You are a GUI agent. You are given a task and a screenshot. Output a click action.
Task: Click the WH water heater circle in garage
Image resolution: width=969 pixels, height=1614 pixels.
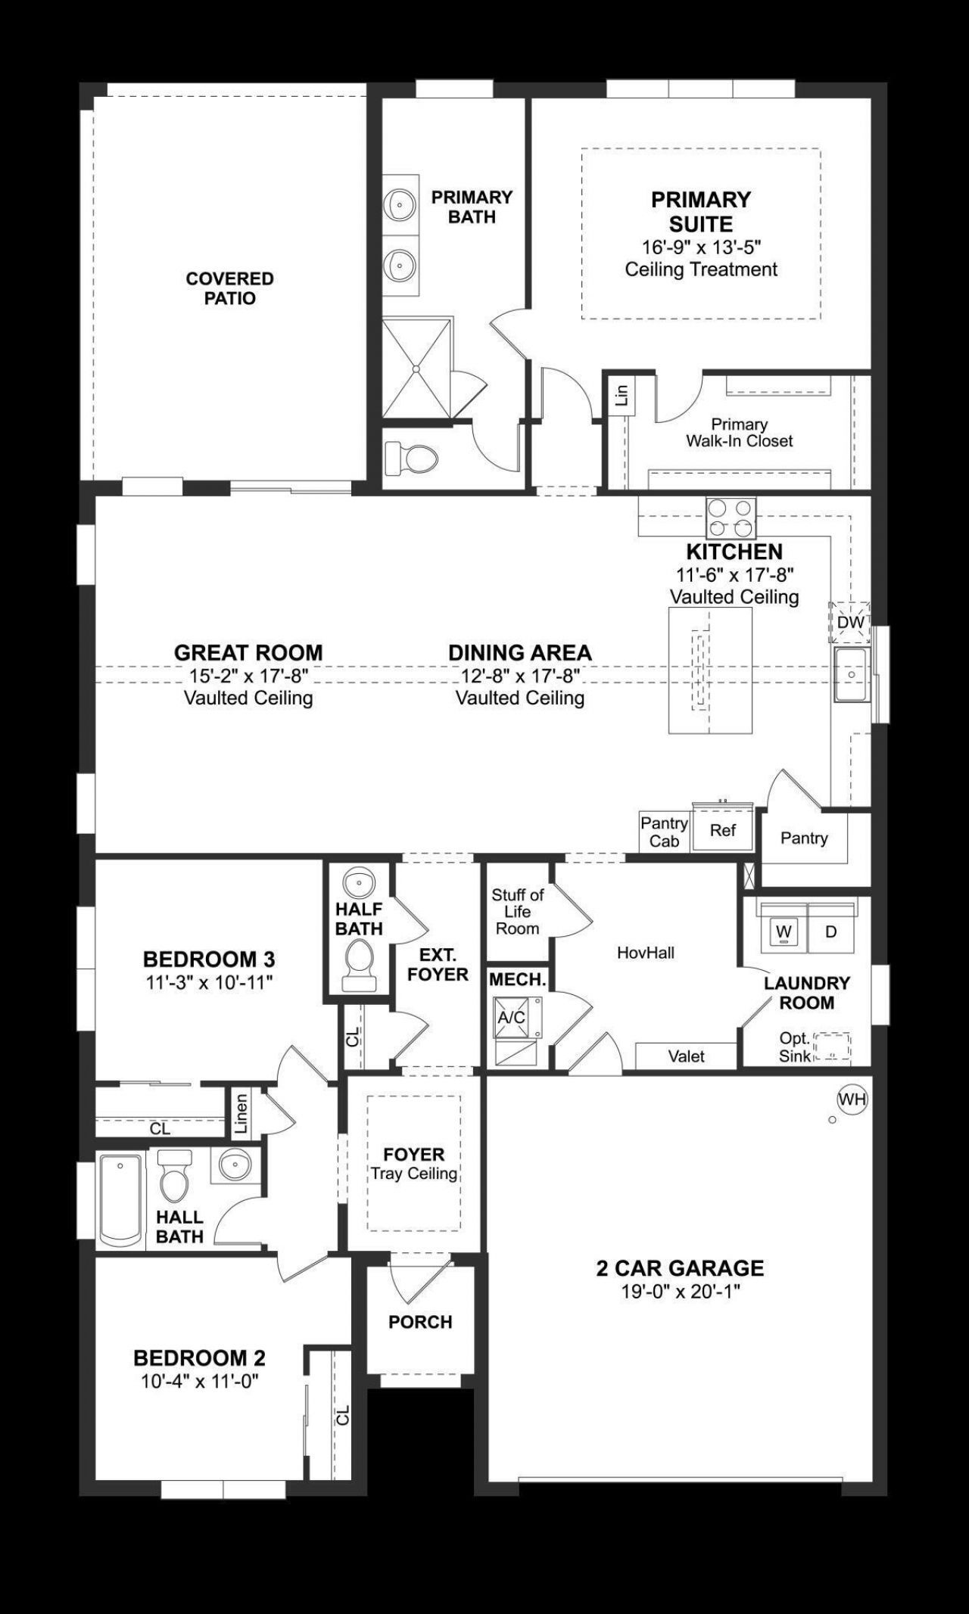852,1099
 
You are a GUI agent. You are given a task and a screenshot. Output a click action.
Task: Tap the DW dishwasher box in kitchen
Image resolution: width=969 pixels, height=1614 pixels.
850,622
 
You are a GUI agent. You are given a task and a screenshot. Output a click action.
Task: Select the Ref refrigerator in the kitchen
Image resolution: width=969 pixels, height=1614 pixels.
723,830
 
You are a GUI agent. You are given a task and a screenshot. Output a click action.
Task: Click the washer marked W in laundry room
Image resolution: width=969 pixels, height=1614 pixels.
784,931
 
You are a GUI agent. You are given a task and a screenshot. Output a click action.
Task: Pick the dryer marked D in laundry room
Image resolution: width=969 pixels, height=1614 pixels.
830,931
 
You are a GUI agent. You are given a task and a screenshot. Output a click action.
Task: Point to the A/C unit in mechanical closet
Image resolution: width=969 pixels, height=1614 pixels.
513,1017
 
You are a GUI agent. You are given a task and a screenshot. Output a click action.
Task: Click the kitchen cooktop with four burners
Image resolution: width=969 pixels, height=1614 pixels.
731,517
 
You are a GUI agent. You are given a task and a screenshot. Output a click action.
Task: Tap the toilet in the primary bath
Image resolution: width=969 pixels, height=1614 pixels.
412,458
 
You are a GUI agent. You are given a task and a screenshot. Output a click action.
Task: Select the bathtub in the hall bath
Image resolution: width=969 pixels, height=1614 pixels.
121,1200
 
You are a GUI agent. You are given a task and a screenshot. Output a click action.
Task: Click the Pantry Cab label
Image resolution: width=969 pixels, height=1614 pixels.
664,832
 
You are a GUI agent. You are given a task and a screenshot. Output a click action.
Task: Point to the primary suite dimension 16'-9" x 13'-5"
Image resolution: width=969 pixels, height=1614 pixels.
701,247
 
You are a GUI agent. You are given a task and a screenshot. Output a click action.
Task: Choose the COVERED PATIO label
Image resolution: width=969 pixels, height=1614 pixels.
230,288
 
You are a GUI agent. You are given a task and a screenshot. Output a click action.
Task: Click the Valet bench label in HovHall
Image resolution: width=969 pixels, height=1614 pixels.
686,1056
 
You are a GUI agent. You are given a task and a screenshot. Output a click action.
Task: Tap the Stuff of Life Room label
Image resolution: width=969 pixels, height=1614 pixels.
518,911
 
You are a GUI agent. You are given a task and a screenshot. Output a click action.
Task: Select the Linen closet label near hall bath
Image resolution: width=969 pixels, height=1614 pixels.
241,1113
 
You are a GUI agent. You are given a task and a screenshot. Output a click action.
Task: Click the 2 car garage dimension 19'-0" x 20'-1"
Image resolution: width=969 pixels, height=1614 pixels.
680,1291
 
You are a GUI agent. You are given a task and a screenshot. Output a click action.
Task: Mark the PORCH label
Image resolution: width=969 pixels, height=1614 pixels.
420,1322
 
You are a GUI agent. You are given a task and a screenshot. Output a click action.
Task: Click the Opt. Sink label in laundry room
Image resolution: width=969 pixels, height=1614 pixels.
795,1047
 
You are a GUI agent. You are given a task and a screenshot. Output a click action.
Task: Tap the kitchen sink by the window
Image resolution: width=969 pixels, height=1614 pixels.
852,673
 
